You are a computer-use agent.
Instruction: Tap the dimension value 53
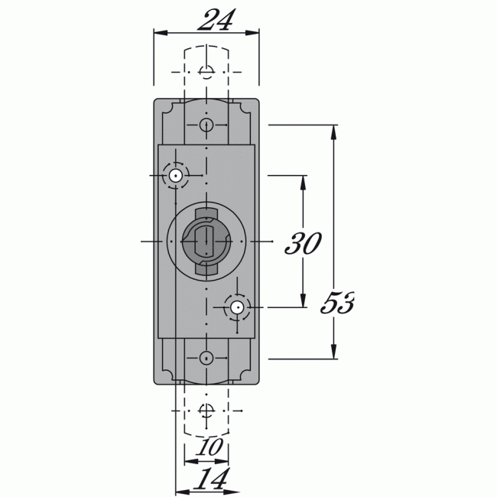click(x=336, y=304)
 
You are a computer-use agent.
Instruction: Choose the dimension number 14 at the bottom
click(x=209, y=479)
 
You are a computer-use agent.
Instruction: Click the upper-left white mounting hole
click(x=176, y=177)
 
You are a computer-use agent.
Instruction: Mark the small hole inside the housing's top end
click(x=206, y=125)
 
